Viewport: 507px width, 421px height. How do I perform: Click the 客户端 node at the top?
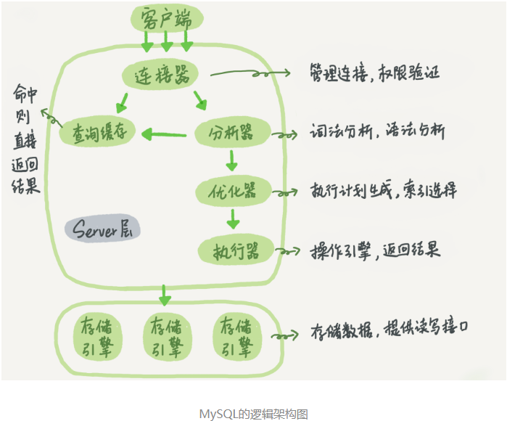[x=167, y=18]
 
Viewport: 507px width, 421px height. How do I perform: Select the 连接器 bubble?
[x=160, y=75]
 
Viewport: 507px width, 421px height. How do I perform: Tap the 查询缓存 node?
[x=97, y=132]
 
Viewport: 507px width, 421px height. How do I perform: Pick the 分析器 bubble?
[x=232, y=132]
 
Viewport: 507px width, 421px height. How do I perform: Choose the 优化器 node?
[x=233, y=192]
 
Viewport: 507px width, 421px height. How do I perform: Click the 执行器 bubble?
[x=236, y=250]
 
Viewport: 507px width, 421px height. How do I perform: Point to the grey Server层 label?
[x=102, y=228]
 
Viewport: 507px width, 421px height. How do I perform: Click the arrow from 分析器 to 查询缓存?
[x=164, y=134]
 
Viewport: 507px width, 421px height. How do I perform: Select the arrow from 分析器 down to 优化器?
[x=231, y=160]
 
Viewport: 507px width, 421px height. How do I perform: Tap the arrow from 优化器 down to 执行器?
[x=233, y=219]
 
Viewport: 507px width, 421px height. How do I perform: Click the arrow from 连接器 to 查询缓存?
[x=122, y=103]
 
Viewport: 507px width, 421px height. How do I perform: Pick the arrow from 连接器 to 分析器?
[x=200, y=100]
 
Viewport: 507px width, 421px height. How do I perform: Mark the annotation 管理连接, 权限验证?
[x=375, y=73]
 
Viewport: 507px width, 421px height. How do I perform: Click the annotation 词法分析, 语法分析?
[x=377, y=131]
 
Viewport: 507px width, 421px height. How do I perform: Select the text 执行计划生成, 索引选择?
[x=384, y=189]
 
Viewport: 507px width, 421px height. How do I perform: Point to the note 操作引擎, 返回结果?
[x=376, y=250]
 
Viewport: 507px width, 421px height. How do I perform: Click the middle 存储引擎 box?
[x=167, y=337]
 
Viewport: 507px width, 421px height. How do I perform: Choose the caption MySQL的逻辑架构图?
[x=254, y=414]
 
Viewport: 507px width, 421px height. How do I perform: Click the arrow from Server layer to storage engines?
[x=164, y=295]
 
